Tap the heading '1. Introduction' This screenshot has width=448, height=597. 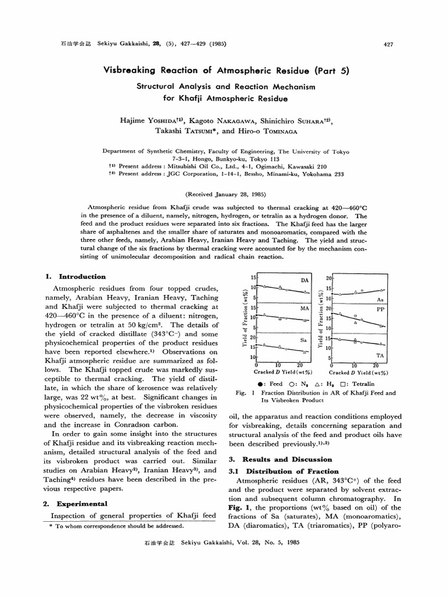coord(75,276)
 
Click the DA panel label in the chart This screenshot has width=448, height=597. coord(303,280)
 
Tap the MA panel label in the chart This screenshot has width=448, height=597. coord(303,307)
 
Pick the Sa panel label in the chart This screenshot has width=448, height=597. coord(303,338)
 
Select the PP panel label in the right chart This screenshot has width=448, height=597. coord(380,309)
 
